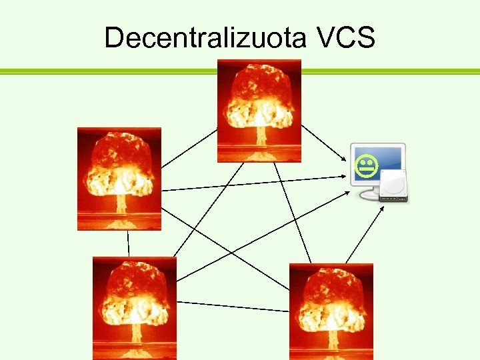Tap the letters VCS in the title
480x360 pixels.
pyautogui.click(x=343, y=38)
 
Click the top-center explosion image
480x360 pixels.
pyautogui.click(x=259, y=111)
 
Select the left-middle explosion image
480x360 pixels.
pyautogui.click(x=119, y=179)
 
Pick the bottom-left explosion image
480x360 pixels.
pyautogui.click(x=135, y=308)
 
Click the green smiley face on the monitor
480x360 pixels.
pyautogui.click(x=366, y=167)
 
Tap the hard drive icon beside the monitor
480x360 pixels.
pyautogui.click(x=394, y=186)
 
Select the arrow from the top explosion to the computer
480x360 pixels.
pyautogui.click(x=323, y=143)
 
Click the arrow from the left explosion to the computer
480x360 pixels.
pyautogui.click(x=253, y=184)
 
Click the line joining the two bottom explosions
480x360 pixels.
pyautogui.click(x=233, y=307)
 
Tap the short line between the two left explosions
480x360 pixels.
pyautogui.click(x=128, y=243)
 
